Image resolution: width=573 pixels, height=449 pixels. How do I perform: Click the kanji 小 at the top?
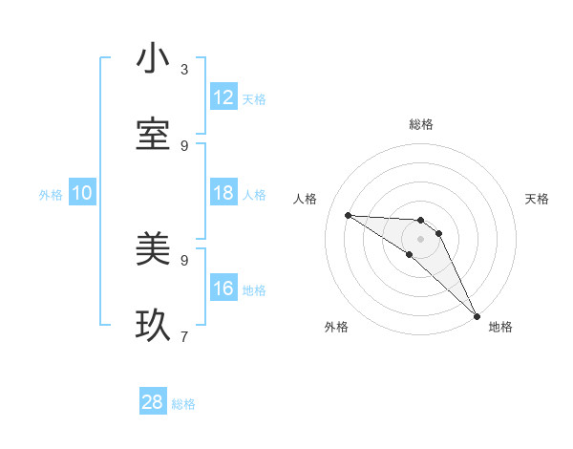coord(153,59)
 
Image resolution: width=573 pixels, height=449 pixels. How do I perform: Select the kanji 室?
coord(153,136)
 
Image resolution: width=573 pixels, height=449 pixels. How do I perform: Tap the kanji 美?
coord(153,250)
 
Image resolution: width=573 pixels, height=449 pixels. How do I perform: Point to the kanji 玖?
coord(153,327)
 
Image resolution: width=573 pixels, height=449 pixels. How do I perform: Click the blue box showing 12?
coord(223,97)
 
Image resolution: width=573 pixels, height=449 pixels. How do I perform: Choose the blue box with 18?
coord(223,194)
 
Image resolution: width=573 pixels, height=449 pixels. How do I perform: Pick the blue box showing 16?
coord(223,289)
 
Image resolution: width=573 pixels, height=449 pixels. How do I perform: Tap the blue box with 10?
coord(82,194)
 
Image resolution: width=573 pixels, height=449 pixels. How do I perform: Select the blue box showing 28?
coord(153,402)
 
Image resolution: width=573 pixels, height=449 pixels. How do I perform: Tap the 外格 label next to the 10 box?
coord(51,195)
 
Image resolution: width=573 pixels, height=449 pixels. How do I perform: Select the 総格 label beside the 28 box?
coord(183,404)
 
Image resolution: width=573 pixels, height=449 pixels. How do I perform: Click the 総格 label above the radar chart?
coord(421,124)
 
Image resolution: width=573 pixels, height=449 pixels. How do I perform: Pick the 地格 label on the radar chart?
coord(500,328)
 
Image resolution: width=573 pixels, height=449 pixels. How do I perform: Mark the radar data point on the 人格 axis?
coord(348,215)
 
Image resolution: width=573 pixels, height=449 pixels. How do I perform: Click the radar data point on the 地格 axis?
coord(477,315)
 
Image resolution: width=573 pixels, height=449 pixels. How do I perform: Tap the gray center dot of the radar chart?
coord(420,239)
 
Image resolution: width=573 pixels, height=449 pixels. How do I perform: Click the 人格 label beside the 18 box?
coord(254,195)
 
